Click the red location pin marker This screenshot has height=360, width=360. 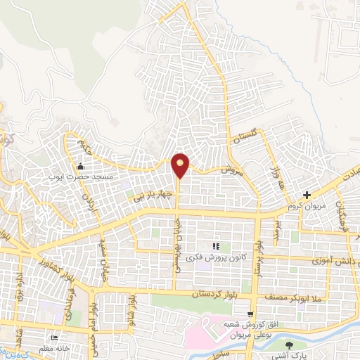pyautogui.click(x=181, y=165)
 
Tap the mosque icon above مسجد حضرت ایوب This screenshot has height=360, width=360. pyautogui.click(x=82, y=167)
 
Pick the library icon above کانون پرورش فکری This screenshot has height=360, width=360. pyautogui.click(x=216, y=245)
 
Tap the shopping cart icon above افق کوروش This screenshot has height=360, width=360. pyautogui.click(x=250, y=313)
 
